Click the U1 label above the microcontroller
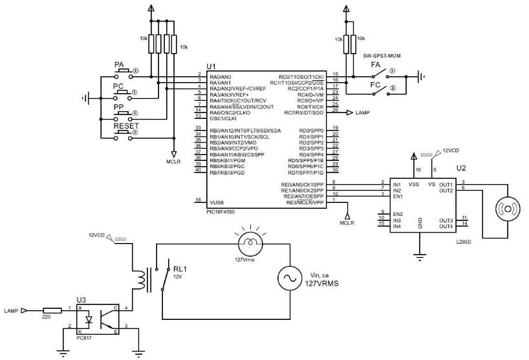[211, 67]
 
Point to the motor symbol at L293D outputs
[508, 210]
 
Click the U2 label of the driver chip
[460, 167]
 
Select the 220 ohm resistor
[52, 310]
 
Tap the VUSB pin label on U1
[217, 202]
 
